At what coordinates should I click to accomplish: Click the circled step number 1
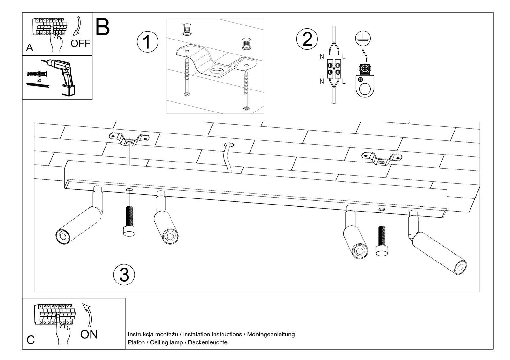(147, 42)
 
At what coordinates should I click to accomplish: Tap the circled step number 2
(307, 39)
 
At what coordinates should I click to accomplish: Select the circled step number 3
(124, 275)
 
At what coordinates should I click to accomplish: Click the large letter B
(102, 27)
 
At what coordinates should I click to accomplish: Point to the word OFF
(80, 43)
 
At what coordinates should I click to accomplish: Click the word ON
(89, 335)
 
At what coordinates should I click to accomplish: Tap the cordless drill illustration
(64, 75)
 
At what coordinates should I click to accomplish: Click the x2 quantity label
(39, 81)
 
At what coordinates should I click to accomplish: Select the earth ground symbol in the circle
(363, 39)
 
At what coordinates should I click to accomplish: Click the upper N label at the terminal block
(322, 57)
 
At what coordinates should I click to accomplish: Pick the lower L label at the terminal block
(344, 82)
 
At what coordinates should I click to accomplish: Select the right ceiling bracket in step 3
(382, 158)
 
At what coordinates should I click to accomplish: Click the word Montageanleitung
(271, 335)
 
